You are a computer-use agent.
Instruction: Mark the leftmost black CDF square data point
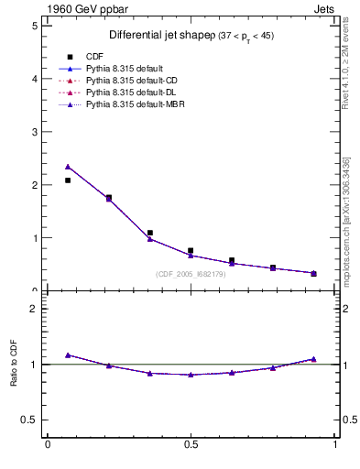pos(68,180)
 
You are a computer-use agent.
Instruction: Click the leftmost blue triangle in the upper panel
pos(68,167)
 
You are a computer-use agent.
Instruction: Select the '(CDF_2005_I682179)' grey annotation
pos(191,274)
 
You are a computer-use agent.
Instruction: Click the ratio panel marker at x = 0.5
pos(191,375)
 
